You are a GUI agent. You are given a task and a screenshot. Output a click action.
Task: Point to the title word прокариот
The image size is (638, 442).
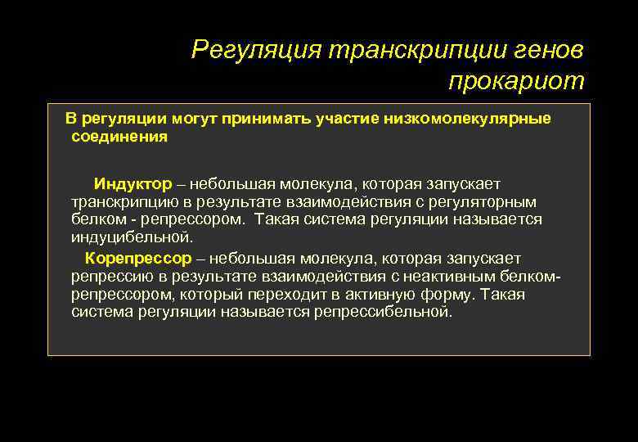[516, 81]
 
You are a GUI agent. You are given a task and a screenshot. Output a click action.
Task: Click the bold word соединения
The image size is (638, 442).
[119, 137]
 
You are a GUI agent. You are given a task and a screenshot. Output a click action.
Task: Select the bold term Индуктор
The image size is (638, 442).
[133, 183]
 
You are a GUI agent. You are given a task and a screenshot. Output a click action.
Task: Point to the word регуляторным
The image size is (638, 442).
[486, 201]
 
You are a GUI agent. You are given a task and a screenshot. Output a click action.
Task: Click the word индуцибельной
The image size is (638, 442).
[132, 237]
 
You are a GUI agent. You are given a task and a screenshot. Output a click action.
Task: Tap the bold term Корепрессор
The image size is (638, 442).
[138, 259]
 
